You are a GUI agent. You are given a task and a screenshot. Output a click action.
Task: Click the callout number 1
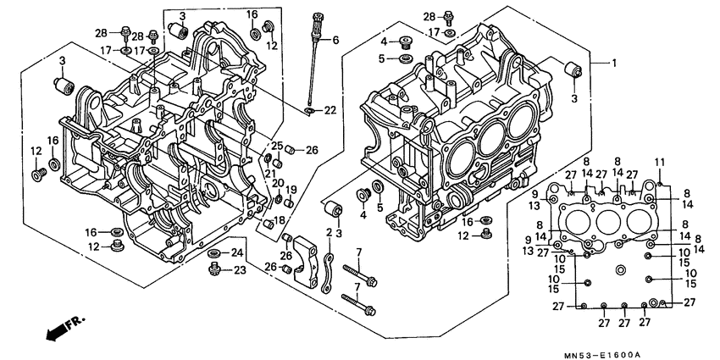615,64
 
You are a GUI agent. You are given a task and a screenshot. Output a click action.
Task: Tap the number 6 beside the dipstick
335,40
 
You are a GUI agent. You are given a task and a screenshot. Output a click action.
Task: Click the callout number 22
330,111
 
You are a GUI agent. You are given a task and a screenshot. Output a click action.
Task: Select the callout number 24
238,253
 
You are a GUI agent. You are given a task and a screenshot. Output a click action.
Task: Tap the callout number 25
276,146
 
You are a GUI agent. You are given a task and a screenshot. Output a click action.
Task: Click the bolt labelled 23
215,269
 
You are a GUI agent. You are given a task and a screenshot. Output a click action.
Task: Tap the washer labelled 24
214,253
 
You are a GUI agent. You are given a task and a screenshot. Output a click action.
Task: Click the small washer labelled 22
311,110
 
